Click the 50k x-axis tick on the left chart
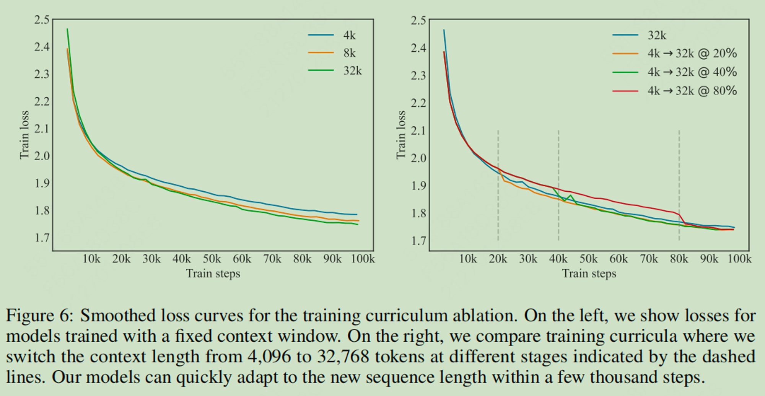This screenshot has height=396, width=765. click(212, 259)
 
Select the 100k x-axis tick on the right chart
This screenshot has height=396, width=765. click(739, 259)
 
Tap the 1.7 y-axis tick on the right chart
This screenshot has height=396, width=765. click(418, 241)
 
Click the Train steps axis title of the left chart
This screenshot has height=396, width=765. click(213, 274)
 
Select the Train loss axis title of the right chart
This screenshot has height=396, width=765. click(400, 135)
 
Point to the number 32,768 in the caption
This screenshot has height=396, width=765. click(343, 357)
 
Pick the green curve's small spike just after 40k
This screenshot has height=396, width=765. click(570, 196)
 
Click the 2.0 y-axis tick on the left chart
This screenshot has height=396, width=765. click(42, 156)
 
